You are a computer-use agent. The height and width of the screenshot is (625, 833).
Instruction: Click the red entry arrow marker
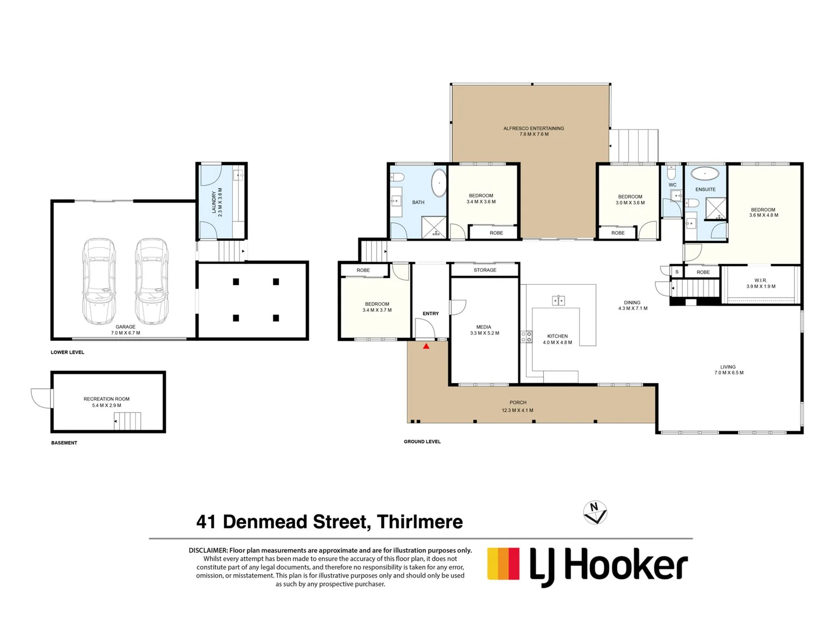coord(426,346)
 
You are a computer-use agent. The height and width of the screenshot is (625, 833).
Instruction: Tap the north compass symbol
coord(595,512)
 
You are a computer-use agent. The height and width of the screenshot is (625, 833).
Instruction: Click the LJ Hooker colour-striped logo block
coord(503,564)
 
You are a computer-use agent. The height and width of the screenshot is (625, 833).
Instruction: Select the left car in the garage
coord(98,281)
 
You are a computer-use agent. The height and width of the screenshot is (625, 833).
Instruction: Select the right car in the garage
coord(152,281)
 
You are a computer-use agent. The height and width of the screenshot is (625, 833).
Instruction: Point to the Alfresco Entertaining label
coord(533,128)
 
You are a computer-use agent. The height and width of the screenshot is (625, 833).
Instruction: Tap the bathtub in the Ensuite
coord(705,173)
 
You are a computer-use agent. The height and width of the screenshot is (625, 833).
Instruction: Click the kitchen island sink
coord(558,300)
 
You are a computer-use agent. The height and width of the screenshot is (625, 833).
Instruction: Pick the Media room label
coord(484,327)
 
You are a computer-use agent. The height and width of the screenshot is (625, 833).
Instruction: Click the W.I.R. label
coord(760,280)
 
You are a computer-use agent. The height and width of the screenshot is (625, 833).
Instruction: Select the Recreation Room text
coord(106,399)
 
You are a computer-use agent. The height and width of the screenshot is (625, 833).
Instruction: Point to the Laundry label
coord(214,203)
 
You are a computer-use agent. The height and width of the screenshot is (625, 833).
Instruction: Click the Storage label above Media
coord(485,270)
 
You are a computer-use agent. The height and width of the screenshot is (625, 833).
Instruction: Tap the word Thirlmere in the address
coord(419,522)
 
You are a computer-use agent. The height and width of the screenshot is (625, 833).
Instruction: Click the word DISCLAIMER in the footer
coord(208,550)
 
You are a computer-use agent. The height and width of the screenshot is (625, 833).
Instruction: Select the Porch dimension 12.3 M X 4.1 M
coord(518,410)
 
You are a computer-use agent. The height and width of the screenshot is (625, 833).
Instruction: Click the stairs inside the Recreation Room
coord(128,421)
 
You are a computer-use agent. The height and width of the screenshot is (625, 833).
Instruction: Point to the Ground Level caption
coord(422,442)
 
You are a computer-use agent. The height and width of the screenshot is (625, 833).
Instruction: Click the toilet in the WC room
coord(671,172)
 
